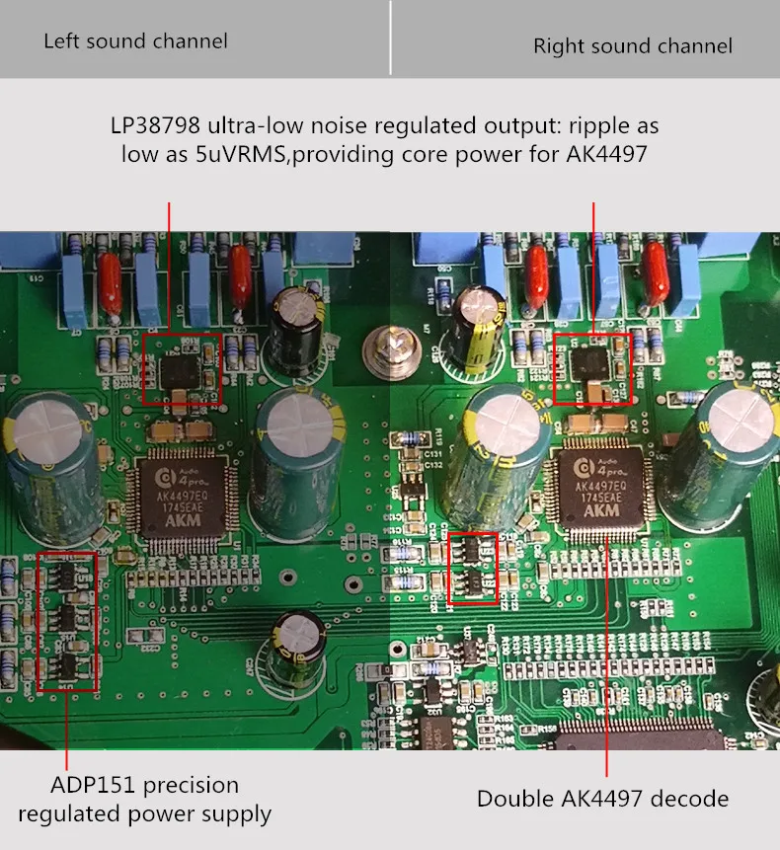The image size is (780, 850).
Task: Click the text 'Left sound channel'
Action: click(135, 41)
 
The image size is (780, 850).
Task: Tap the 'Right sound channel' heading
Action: click(633, 46)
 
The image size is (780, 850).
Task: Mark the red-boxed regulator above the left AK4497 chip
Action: click(182, 369)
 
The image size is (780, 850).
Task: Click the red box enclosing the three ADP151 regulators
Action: click(67, 621)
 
